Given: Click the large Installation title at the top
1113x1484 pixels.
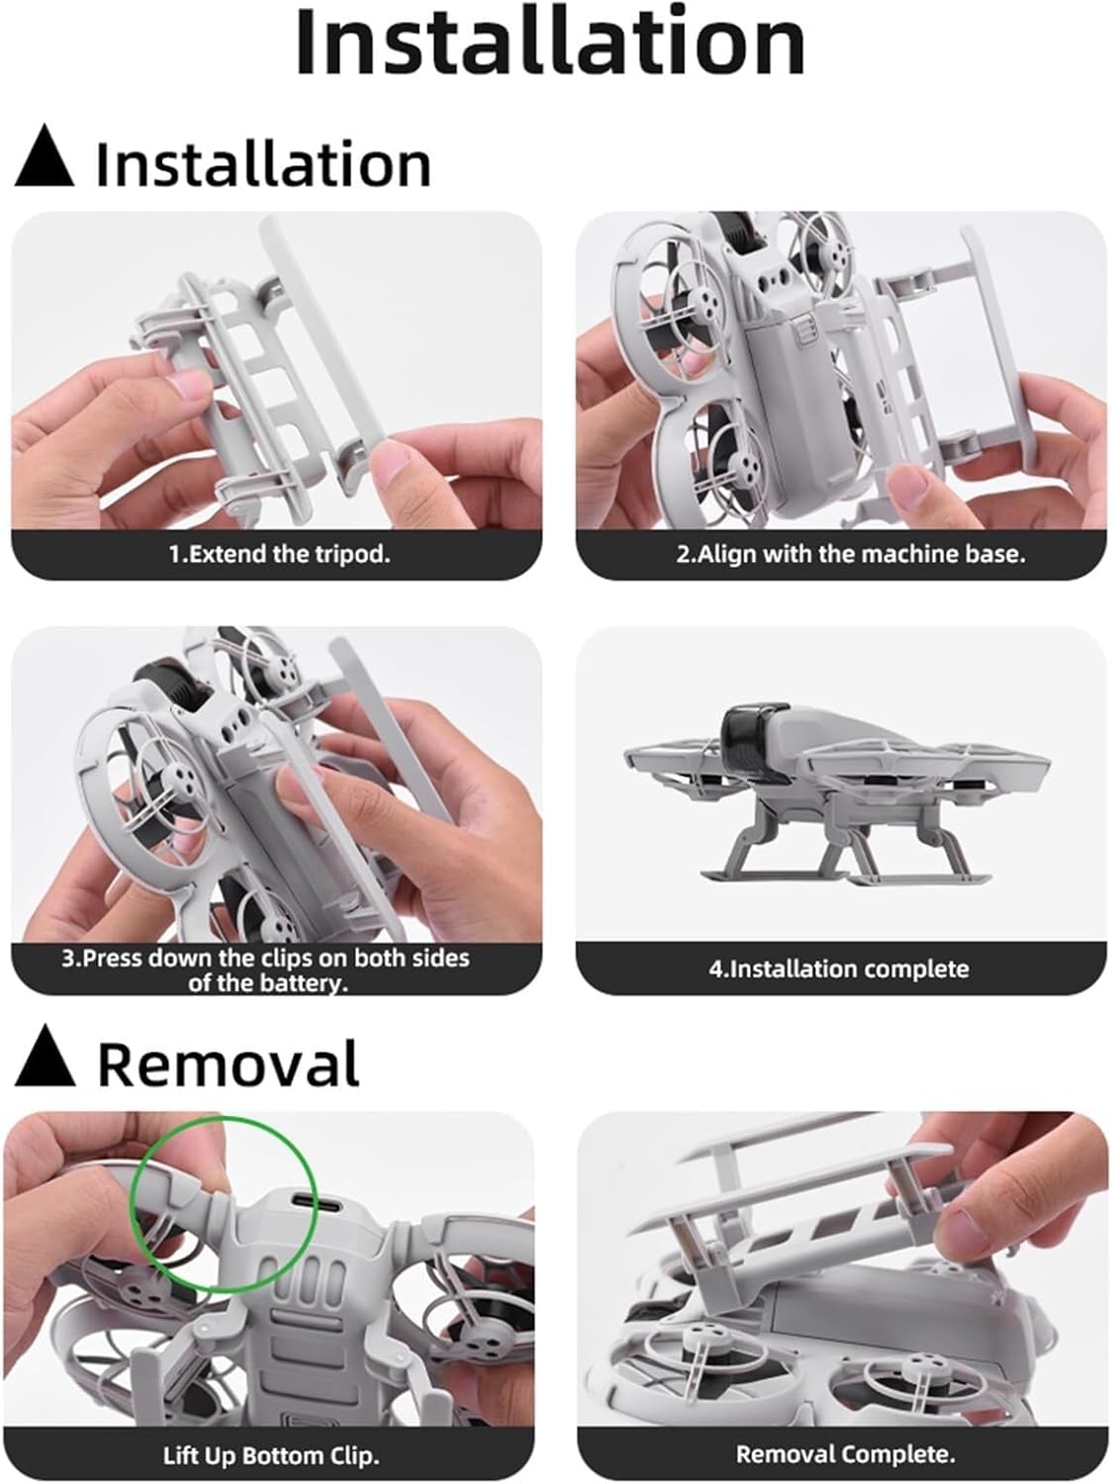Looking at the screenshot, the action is [551, 43].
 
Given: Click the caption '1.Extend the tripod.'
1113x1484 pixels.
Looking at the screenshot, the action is [280, 554].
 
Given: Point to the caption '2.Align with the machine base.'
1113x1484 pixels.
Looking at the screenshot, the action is [851, 554].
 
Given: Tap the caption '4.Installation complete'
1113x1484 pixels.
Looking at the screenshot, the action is [839, 969].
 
